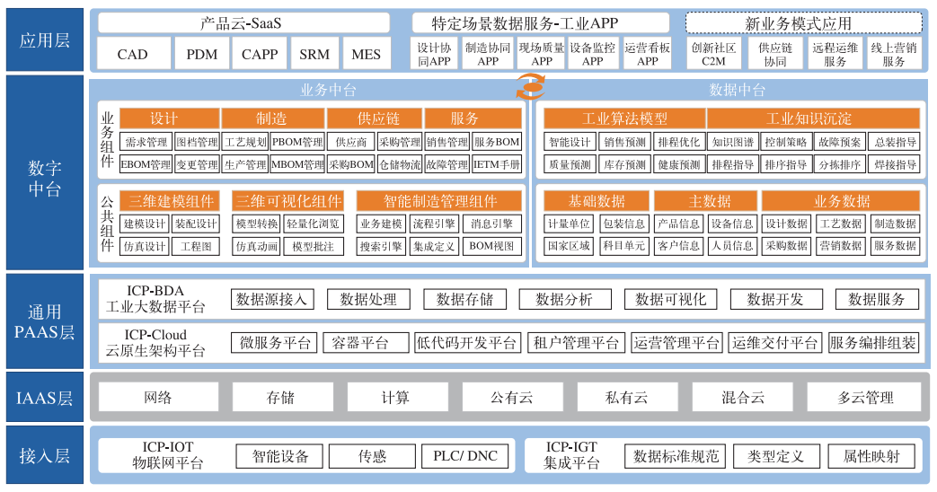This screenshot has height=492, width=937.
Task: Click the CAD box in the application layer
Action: point(132,54)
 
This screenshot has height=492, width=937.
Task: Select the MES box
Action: point(366,54)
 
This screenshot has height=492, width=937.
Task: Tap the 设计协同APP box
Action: point(435,54)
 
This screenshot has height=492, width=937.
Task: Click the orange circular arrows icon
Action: point(529,87)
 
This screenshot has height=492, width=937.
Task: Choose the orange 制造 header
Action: point(271,119)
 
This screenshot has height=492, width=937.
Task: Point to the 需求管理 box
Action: point(145,142)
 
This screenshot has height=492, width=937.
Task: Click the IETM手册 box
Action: point(497,164)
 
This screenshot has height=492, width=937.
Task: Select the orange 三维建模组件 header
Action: point(172,201)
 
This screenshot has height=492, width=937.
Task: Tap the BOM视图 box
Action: point(492,246)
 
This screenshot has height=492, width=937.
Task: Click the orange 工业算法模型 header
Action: point(624,119)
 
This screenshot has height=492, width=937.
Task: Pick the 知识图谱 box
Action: point(732,142)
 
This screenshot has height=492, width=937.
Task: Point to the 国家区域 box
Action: point(569,246)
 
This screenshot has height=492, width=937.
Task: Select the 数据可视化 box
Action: point(671,300)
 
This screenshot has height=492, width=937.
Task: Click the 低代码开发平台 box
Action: point(467,342)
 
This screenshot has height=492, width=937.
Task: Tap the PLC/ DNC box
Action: point(465,456)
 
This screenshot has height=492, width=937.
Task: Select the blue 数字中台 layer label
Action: point(45,177)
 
